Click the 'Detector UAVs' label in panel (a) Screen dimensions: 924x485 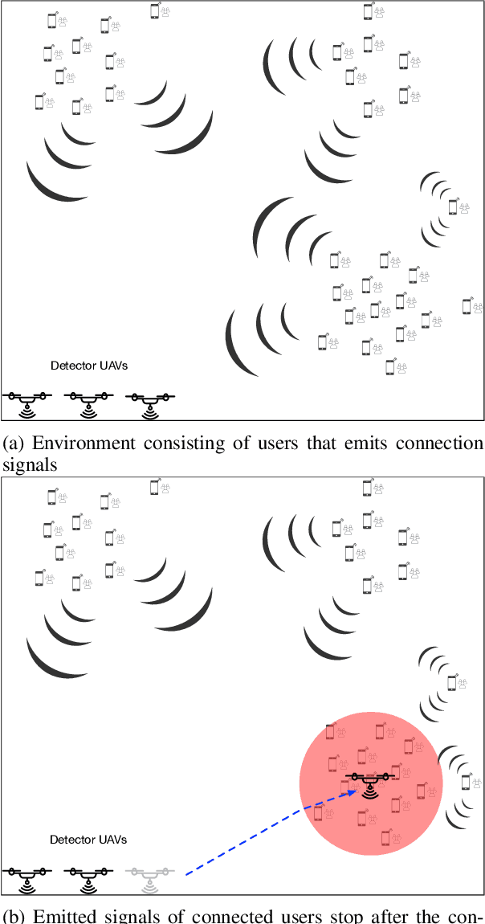(89, 366)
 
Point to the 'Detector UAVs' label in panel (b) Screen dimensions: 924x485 (88, 840)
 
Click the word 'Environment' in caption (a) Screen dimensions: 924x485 (75, 444)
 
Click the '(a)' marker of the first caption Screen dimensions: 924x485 (14, 444)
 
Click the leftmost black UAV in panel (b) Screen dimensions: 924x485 (26, 875)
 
